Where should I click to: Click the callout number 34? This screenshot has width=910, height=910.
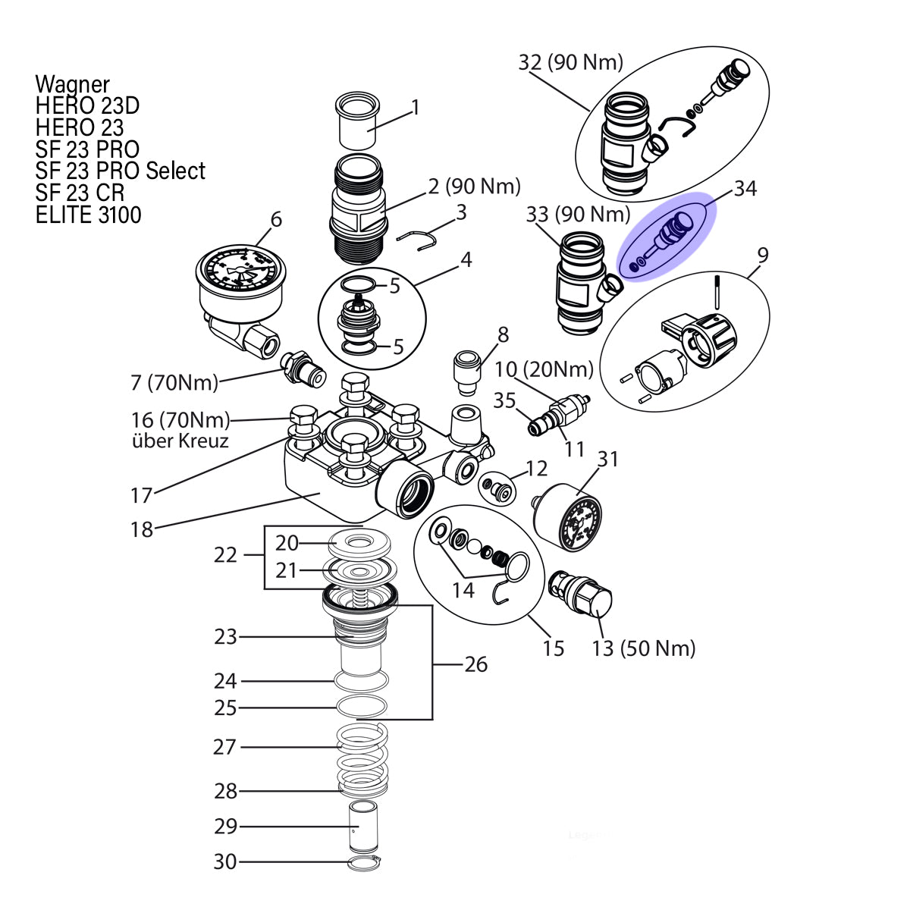[x=745, y=188]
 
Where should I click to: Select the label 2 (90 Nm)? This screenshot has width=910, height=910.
[x=474, y=187]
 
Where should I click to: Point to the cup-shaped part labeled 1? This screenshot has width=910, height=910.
[x=357, y=121]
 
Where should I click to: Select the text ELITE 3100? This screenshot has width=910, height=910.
[x=88, y=215]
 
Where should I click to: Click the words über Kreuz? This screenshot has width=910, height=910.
[x=180, y=441]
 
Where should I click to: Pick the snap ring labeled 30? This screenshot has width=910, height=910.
[x=364, y=863]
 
